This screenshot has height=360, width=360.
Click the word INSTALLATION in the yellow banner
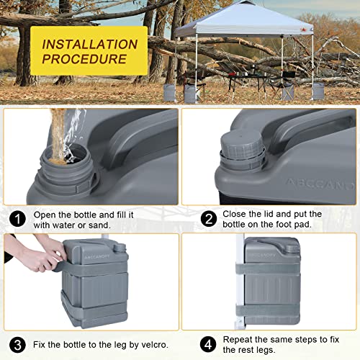(90, 45)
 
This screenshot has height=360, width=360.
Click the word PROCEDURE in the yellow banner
(84, 59)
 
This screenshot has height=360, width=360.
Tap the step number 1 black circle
(17, 219)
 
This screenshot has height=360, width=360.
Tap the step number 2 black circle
(209, 219)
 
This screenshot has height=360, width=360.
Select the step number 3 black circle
(17, 345)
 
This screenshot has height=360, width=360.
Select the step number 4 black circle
(208, 344)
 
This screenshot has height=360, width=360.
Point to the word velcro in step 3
(153, 345)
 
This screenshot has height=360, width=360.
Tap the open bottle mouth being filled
(66, 156)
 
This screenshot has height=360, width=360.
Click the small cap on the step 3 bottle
(120, 248)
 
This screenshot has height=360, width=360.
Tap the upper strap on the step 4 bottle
(268, 269)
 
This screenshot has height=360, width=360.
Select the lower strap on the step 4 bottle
(268, 310)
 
